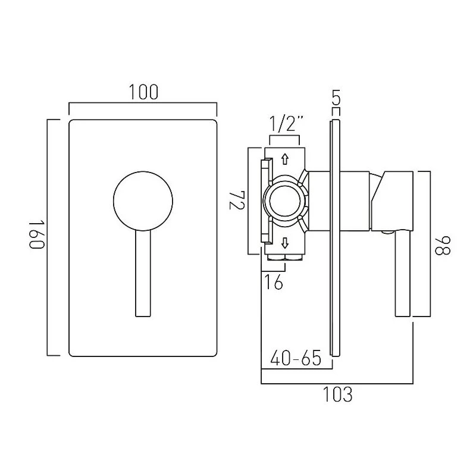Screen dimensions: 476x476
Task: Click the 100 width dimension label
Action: pyautogui.click(x=143, y=92)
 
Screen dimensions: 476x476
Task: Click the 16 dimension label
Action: pyautogui.click(x=274, y=283)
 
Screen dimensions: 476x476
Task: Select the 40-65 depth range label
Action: pyautogui.click(x=295, y=359)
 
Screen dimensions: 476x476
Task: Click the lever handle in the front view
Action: pyautogui.click(x=143, y=274)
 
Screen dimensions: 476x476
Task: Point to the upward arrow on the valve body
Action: pyautogui.click(x=284, y=159)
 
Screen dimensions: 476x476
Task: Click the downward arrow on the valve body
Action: pyautogui.click(x=284, y=242)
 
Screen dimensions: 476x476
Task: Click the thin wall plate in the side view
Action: pyautogui.click(x=335, y=238)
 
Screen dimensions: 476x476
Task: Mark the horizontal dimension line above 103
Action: pyautogui.click(x=337, y=381)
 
